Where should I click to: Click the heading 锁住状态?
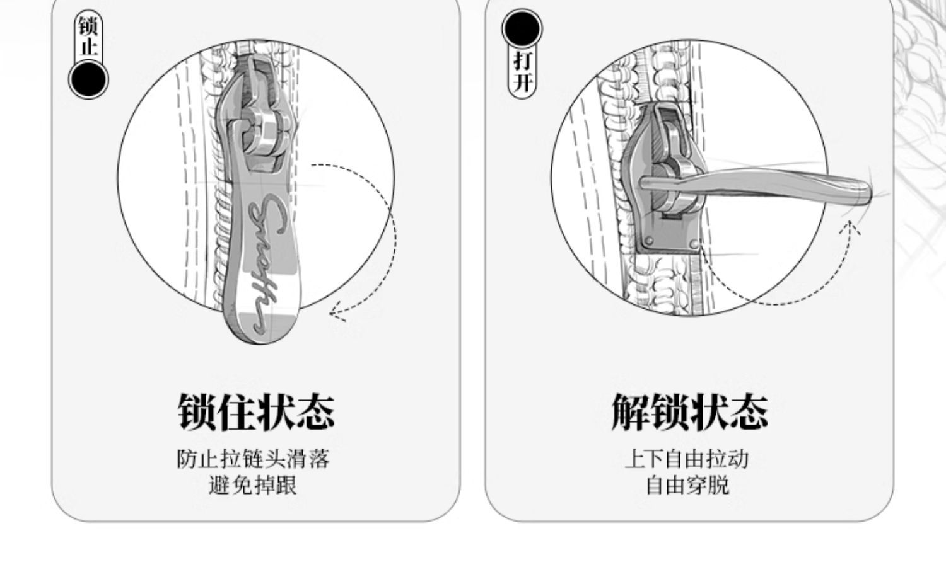(x=255, y=413)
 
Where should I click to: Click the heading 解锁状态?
(x=689, y=413)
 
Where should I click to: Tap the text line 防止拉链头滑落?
(x=253, y=459)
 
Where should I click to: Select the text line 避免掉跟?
(x=253, y=485)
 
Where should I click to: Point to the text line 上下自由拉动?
(x=687, y=459)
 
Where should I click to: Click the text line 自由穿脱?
(x=687, y=485)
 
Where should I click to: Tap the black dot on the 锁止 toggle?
(x=88, y=79)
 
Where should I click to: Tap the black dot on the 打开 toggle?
(x=522, y=29)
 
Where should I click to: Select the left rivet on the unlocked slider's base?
(x=648, y=242)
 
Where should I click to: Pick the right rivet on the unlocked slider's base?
(x=694, y=244)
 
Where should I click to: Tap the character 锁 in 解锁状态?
(x=669, y=413)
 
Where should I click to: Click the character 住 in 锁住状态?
(x=235, y=413)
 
